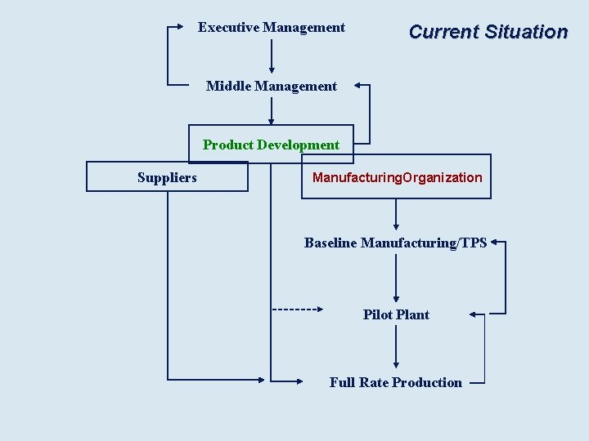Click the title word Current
coord(443,32)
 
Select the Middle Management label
coord(271,86)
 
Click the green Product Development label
coord(271,145)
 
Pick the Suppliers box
coord(167,177)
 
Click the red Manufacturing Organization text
coord(397,177)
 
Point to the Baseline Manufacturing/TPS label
coord(395,243)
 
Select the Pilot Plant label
coord(396,314)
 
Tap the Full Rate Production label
coord(395,382)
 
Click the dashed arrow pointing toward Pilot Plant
coord(298,310)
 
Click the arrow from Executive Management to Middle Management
coord(272,56)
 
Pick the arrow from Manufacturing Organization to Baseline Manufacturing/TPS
coord(396,215)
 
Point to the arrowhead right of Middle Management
coord(361,85)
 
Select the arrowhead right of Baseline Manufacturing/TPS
coord(498,243)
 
